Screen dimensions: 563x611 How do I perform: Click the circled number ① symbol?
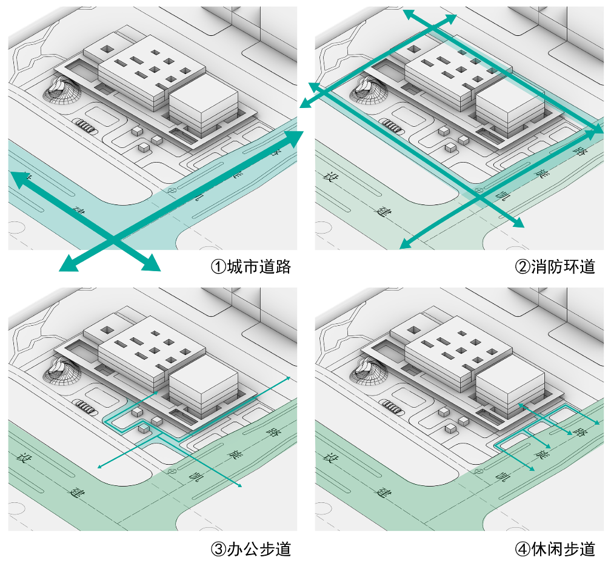click(217, 266)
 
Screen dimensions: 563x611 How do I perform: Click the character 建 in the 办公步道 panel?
click(76, 489)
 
